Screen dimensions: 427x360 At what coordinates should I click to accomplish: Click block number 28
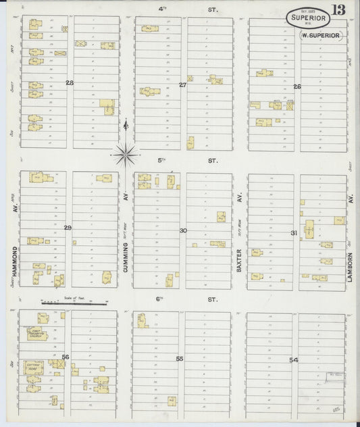[70, 82]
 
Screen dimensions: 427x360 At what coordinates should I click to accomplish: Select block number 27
[182, 84]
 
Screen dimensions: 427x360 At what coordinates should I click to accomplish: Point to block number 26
[297, 86]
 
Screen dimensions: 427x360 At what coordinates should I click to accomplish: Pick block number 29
[68, 228]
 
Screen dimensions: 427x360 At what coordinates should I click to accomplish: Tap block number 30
[183, 230]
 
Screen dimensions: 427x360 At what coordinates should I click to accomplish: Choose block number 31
[294, 233]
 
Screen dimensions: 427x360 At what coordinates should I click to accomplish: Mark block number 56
[66, 357]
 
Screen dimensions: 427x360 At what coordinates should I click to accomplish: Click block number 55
[180, 358]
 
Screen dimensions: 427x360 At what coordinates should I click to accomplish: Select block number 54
[293, 360]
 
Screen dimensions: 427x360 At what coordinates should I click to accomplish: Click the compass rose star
[126, 155]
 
